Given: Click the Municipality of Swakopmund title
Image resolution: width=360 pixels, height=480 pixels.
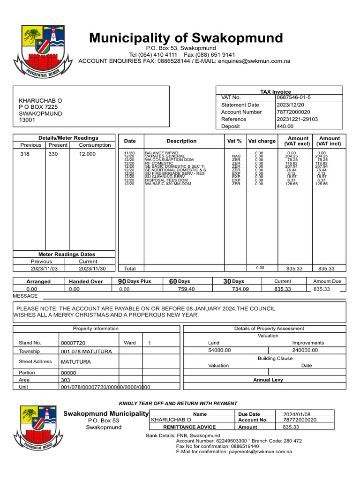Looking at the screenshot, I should coord(186,37).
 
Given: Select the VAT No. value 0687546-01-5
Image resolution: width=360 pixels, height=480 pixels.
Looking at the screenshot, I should coord(293,97).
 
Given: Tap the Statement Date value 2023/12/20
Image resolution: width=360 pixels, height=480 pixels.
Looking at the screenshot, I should coord(291,105).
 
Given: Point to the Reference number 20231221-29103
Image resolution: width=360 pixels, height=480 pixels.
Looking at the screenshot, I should coord(297,119).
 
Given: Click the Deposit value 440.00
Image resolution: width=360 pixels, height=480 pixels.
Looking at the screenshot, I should coord(285,126).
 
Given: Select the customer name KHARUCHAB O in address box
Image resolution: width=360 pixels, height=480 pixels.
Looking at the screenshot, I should coord(40,101).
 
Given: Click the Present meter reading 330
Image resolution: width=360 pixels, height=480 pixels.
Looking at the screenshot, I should coord(53,154).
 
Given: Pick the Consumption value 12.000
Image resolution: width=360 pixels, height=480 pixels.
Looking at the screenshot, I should coord(87,154).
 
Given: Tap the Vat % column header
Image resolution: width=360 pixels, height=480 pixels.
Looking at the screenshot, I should coord(234,141).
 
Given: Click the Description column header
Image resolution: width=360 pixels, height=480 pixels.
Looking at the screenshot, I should coord(181,141).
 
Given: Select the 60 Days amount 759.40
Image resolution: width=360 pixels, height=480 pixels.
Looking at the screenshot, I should coord(186,289).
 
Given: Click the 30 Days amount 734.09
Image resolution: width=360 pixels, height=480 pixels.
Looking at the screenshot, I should coord(240,289).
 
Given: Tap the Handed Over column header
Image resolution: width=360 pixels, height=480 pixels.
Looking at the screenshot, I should coord(86,281).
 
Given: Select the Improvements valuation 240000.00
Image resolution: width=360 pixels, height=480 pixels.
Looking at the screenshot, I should coord(305,350).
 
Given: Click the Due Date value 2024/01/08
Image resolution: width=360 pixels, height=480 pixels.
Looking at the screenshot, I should coord(296,414).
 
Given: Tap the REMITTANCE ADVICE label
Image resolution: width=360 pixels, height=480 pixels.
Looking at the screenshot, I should coord(189,427).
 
